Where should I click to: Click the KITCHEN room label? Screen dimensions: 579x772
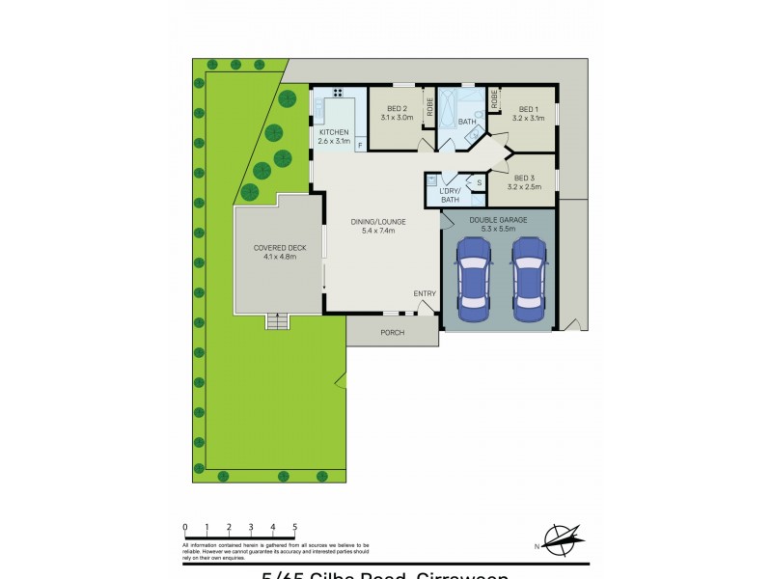(x=333, y=132)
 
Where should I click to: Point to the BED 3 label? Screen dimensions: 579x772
(x=524, y=178)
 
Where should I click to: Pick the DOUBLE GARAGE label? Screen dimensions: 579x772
(x=498, y=220)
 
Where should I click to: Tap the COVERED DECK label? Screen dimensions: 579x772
(x=280, y=248)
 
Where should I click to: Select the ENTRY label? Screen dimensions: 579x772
(x=425, y=293)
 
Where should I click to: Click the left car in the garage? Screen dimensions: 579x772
(x=473, y=280)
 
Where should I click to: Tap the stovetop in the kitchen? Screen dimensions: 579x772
(x=338, y=93)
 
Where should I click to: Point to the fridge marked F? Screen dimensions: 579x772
(x=360, y=146)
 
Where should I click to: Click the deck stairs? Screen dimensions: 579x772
(x=278, y=322)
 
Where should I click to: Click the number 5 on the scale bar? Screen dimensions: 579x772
(x=295, y=527)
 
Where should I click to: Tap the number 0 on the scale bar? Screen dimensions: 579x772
(x=184, y=527)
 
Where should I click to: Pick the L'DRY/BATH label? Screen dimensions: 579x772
(x=450, y=195)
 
